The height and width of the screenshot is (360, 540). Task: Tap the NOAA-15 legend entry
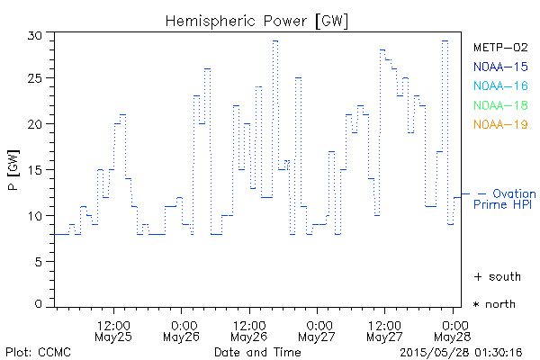500,67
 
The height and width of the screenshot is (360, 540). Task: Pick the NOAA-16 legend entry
500,85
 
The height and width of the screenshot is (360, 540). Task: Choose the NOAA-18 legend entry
500,105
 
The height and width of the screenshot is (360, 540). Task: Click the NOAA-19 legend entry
500,124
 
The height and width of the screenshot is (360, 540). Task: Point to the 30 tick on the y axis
35,35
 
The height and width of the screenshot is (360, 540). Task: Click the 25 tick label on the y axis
35,79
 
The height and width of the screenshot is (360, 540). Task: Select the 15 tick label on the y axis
35,170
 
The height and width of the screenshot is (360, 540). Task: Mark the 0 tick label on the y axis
39,305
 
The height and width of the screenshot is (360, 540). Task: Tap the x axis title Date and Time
256,351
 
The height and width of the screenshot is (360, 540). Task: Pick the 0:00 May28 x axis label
453,330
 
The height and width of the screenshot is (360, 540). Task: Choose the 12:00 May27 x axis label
385,330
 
